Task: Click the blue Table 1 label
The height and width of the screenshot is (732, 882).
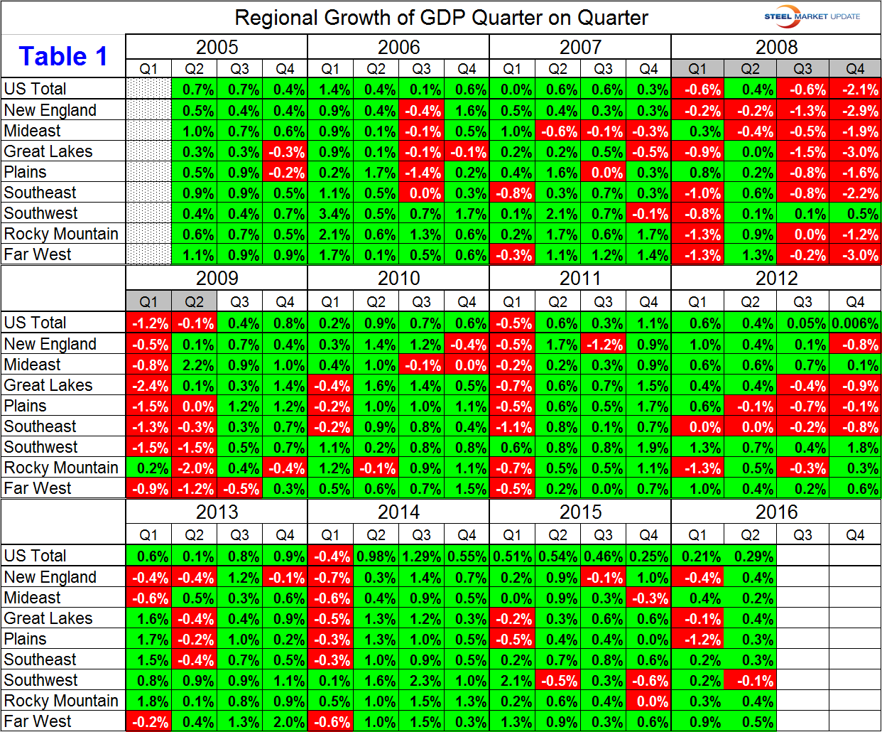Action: coord(63,56)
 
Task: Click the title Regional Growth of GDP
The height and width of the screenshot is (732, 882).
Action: coord(441,18)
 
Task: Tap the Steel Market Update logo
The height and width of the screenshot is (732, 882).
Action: coord(812,16)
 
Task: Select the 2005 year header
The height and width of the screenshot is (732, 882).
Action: coord(217,48)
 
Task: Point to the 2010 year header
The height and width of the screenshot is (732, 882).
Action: coord(398,279)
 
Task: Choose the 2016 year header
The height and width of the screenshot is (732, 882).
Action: coord(776,512)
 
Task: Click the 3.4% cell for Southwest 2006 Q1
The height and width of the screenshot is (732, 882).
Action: coord(330,214)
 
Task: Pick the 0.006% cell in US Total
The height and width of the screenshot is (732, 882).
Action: coord(855,323)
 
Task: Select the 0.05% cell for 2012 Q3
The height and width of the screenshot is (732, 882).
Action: coord(802,323)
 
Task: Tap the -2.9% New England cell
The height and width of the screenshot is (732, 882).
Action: coord(855,111)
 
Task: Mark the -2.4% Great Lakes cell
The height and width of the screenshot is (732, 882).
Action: coord(148,386)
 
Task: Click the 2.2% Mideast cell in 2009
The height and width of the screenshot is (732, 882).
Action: coord(194,365)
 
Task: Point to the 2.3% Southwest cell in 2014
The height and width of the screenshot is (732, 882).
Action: coord(421,681)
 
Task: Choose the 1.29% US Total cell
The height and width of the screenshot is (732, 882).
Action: coord(421,556)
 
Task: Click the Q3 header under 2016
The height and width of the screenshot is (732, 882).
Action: coord(802,535)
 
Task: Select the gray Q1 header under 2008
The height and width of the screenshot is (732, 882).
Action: coord(697,69)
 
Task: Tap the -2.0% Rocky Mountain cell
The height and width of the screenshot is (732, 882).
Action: coord(194,468)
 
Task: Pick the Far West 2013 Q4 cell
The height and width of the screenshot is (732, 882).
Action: coord(285,722)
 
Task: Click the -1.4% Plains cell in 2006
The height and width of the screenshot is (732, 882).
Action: coord(421,173)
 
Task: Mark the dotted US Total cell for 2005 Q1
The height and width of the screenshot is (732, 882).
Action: coord(148,90)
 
